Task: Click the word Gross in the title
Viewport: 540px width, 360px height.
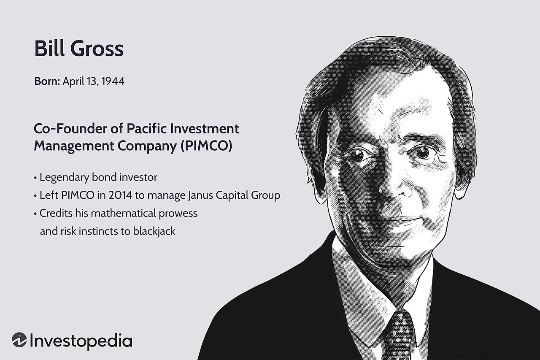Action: pos(97,49)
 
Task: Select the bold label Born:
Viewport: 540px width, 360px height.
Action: pos(47,81)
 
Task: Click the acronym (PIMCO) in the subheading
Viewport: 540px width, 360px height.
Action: pos(206,146)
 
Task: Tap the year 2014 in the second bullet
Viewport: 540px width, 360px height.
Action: pos(120,195)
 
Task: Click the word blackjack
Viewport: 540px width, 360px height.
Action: pos(154,231)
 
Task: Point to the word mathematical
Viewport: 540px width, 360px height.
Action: pos(123,213)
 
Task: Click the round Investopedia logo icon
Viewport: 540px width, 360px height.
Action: pos(19,340)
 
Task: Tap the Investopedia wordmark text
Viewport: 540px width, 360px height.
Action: pos(81,341)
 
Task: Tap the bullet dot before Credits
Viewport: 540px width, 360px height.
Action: pos(35,214)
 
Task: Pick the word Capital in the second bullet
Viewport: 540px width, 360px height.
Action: pos(232,195)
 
